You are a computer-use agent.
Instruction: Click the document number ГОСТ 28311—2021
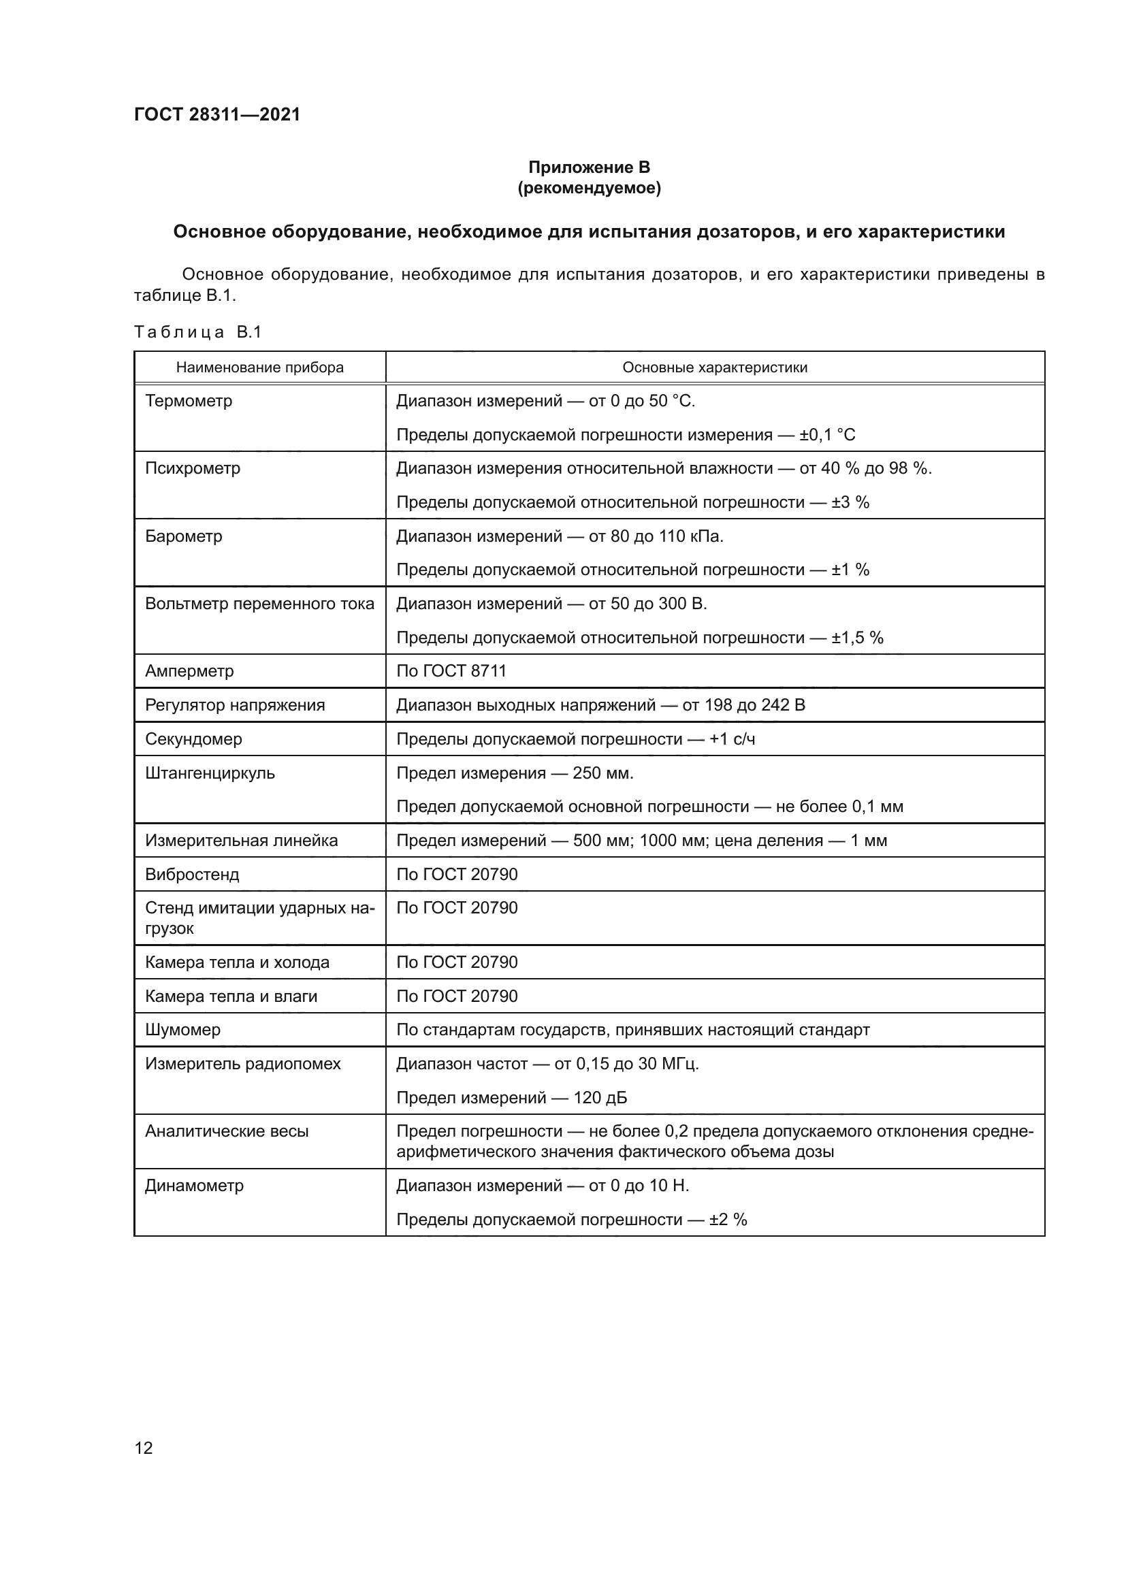[217, 114]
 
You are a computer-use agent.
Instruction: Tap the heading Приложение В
[589, 167]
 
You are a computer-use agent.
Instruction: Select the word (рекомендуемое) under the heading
[589, 189]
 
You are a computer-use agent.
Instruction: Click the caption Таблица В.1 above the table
[197, 332]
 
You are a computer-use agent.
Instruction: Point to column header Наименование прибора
[259, 368]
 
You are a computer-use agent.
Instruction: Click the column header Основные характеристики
[714, 368]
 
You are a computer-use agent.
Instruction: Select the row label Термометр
[189, 401]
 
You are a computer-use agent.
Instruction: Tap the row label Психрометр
[192, 468]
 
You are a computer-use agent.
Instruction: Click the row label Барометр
[183, 536]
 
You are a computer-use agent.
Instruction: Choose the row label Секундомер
[193, 739]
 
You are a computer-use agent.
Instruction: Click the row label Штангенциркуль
[210, 773]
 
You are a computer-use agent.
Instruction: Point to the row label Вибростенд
[192, 875]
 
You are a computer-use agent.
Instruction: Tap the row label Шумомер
[182, 1030]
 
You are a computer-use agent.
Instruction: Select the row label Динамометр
[194, 1186]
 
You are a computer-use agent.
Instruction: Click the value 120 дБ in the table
[600, 1098]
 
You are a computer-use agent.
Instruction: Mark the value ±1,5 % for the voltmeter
[857, 638]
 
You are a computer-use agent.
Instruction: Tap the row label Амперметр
[189, 671]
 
